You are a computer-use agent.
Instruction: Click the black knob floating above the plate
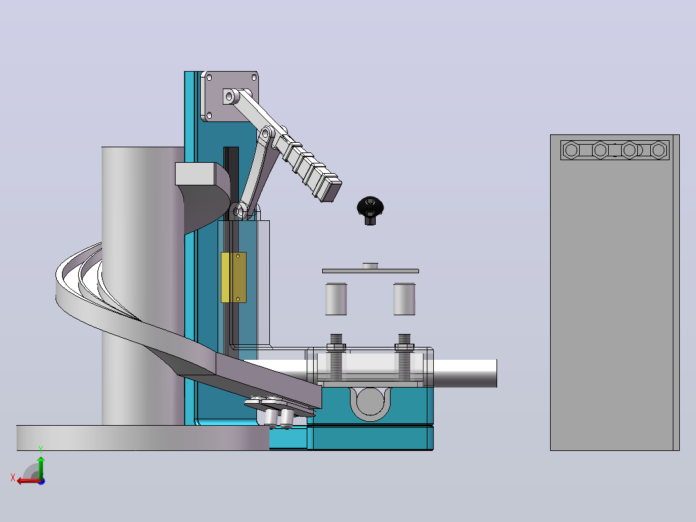370,210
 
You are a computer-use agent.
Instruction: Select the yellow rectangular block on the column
234,278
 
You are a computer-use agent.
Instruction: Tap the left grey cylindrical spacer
336,299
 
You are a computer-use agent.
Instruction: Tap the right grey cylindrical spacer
404,299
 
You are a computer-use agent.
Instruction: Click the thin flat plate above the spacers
370,271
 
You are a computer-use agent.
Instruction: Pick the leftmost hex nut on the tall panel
572,150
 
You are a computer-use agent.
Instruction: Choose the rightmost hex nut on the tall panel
659,150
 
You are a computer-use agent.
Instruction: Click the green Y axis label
41,449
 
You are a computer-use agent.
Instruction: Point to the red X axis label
13,477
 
